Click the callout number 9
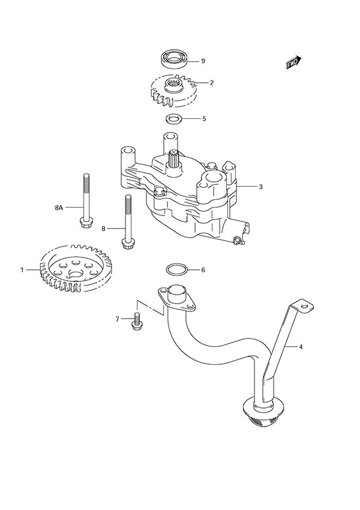pos(203,61)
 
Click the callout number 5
pos(203,119)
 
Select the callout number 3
pos(261,187)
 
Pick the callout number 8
pos(103,229)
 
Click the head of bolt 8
pos(127,243)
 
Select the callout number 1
pos(22,270)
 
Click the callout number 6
pos(203,270)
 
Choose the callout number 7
pos(118,319)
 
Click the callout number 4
pos(302,346)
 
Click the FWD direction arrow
pos(293,62)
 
